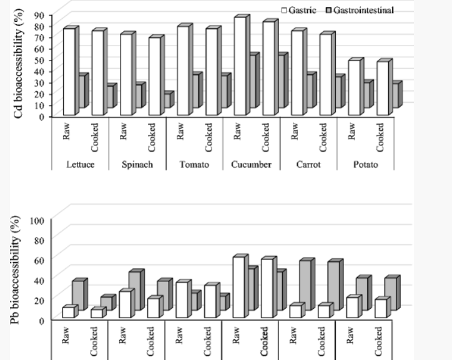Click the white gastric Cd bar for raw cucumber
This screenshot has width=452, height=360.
pyautogui.click(x=240, y=67)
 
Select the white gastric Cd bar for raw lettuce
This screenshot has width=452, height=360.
pyautogui.click(x=69, y=72)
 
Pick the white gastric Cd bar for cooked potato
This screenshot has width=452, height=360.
pyautogui.click(x=383, y=89)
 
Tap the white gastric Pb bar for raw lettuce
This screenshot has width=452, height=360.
pyautogui.click(x=69, y=313)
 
